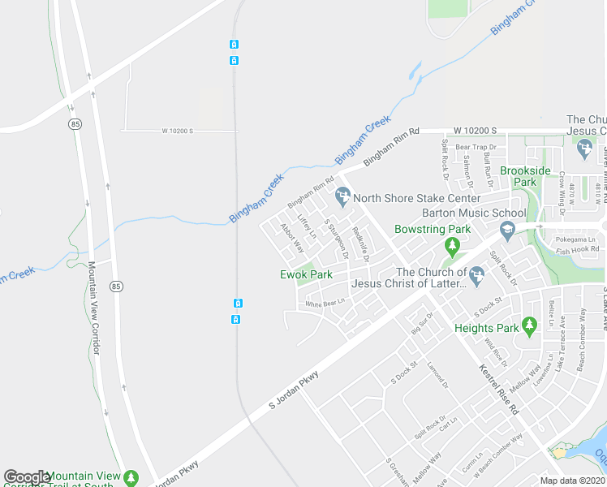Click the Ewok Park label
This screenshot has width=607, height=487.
[306, 274]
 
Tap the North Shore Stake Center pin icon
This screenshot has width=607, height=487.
[342, 196]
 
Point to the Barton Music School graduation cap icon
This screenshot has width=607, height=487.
[507, 230]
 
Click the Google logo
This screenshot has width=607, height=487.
[27, 477]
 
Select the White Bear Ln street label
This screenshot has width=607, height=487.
[325, 304]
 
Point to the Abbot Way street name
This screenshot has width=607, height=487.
[292, 238]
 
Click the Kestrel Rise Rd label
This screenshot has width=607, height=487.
[498, 390]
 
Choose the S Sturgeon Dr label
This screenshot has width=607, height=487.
[336, 239]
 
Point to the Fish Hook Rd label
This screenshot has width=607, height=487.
[577, 250]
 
